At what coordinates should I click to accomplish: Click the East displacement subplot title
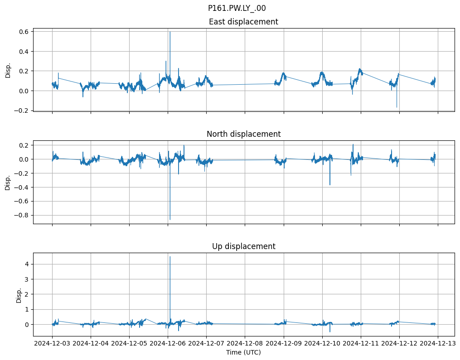[x=243, y=22]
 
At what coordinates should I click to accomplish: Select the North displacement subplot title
[x=243, y=134]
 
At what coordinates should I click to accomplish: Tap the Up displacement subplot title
[x=243, y=246]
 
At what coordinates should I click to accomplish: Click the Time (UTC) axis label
[x=243, y=352]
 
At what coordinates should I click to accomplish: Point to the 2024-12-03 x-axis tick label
[x=52, y=344]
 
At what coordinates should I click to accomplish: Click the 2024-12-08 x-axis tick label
[x=245, y=344]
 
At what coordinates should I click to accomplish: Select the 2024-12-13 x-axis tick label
[x=438, y=344]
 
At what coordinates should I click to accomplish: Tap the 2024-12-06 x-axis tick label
[x=168, y=344]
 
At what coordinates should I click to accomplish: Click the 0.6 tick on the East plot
[x=24, y=32]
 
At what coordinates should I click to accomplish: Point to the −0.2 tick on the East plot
[x=22, y=110]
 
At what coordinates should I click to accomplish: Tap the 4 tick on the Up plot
[x=27, y=264]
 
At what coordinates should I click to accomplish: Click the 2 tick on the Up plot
[x=27, y=294]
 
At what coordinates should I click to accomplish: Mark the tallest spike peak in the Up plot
[x=170, y=257]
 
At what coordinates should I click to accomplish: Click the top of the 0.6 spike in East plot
[x=170, y=32]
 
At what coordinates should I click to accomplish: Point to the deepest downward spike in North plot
[x=170, y=220]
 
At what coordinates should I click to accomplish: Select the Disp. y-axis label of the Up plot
[x=19, y=294]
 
